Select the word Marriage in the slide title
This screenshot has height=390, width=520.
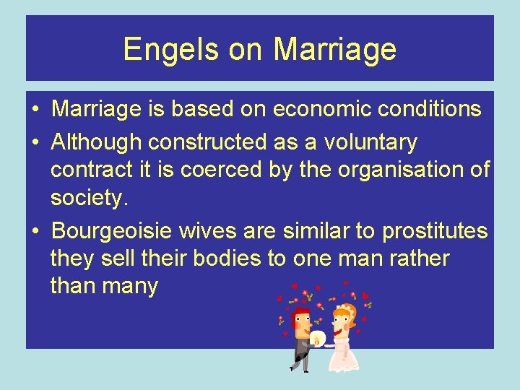click(x=335, y=49)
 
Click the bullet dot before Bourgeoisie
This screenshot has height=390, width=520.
click(x=35, y=231)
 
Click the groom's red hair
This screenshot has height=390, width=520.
click(x=300, y=312)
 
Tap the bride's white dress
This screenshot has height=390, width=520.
click(x=340, y=354)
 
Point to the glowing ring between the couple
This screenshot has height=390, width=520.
click(x=317, y=337)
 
